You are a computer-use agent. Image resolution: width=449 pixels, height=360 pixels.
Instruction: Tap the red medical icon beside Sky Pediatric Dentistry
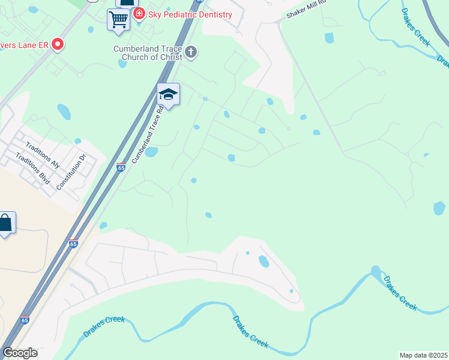(x=139, y=14)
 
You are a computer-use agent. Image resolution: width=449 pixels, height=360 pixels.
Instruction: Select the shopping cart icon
(x=118, y=19)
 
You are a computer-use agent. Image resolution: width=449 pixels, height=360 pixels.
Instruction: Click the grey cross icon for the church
(x=191, y=52)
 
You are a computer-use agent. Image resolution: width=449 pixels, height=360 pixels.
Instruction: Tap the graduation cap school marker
(x=168, y=94)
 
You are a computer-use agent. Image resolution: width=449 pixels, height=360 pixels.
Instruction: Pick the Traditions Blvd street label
(x=34, y=169)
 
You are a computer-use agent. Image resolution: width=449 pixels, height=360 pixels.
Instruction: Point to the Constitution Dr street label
(x=71, y=172)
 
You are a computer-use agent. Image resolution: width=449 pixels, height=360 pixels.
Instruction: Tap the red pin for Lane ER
(x=58, y=44)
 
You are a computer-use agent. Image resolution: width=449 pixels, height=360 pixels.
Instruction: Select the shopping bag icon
(x=5, y=223)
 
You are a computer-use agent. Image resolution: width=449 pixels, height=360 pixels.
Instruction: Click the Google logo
(x=20, y=353)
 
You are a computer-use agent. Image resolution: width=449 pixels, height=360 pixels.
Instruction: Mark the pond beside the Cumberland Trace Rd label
(x=151, y=152)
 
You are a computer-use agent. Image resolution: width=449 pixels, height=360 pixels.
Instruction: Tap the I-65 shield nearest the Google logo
(x=25, y=320)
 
